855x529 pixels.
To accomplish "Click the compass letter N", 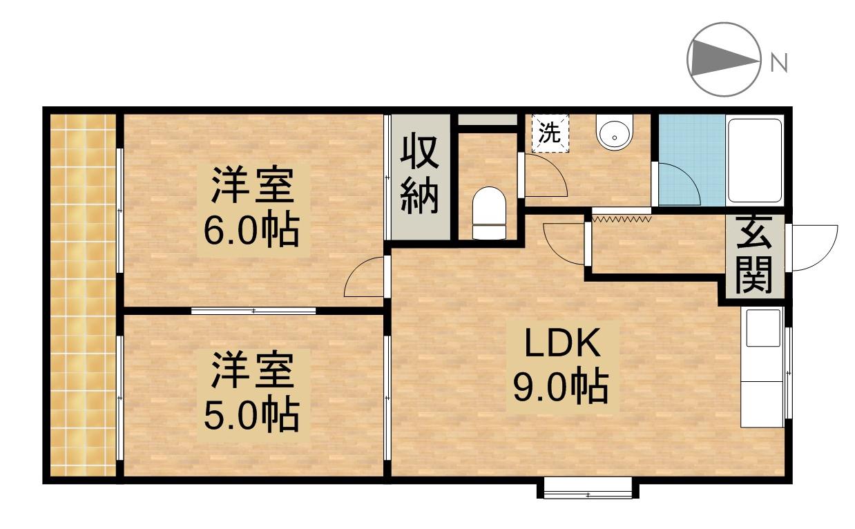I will [x=779, y=63].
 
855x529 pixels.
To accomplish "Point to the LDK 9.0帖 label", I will [x=559, y=366].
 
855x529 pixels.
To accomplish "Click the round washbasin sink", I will [x=614, y=134].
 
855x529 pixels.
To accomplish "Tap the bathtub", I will [x=754, y=160].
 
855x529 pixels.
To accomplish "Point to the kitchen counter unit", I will [x=762, y=367].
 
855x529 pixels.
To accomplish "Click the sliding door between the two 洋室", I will [x=253, y=311].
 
